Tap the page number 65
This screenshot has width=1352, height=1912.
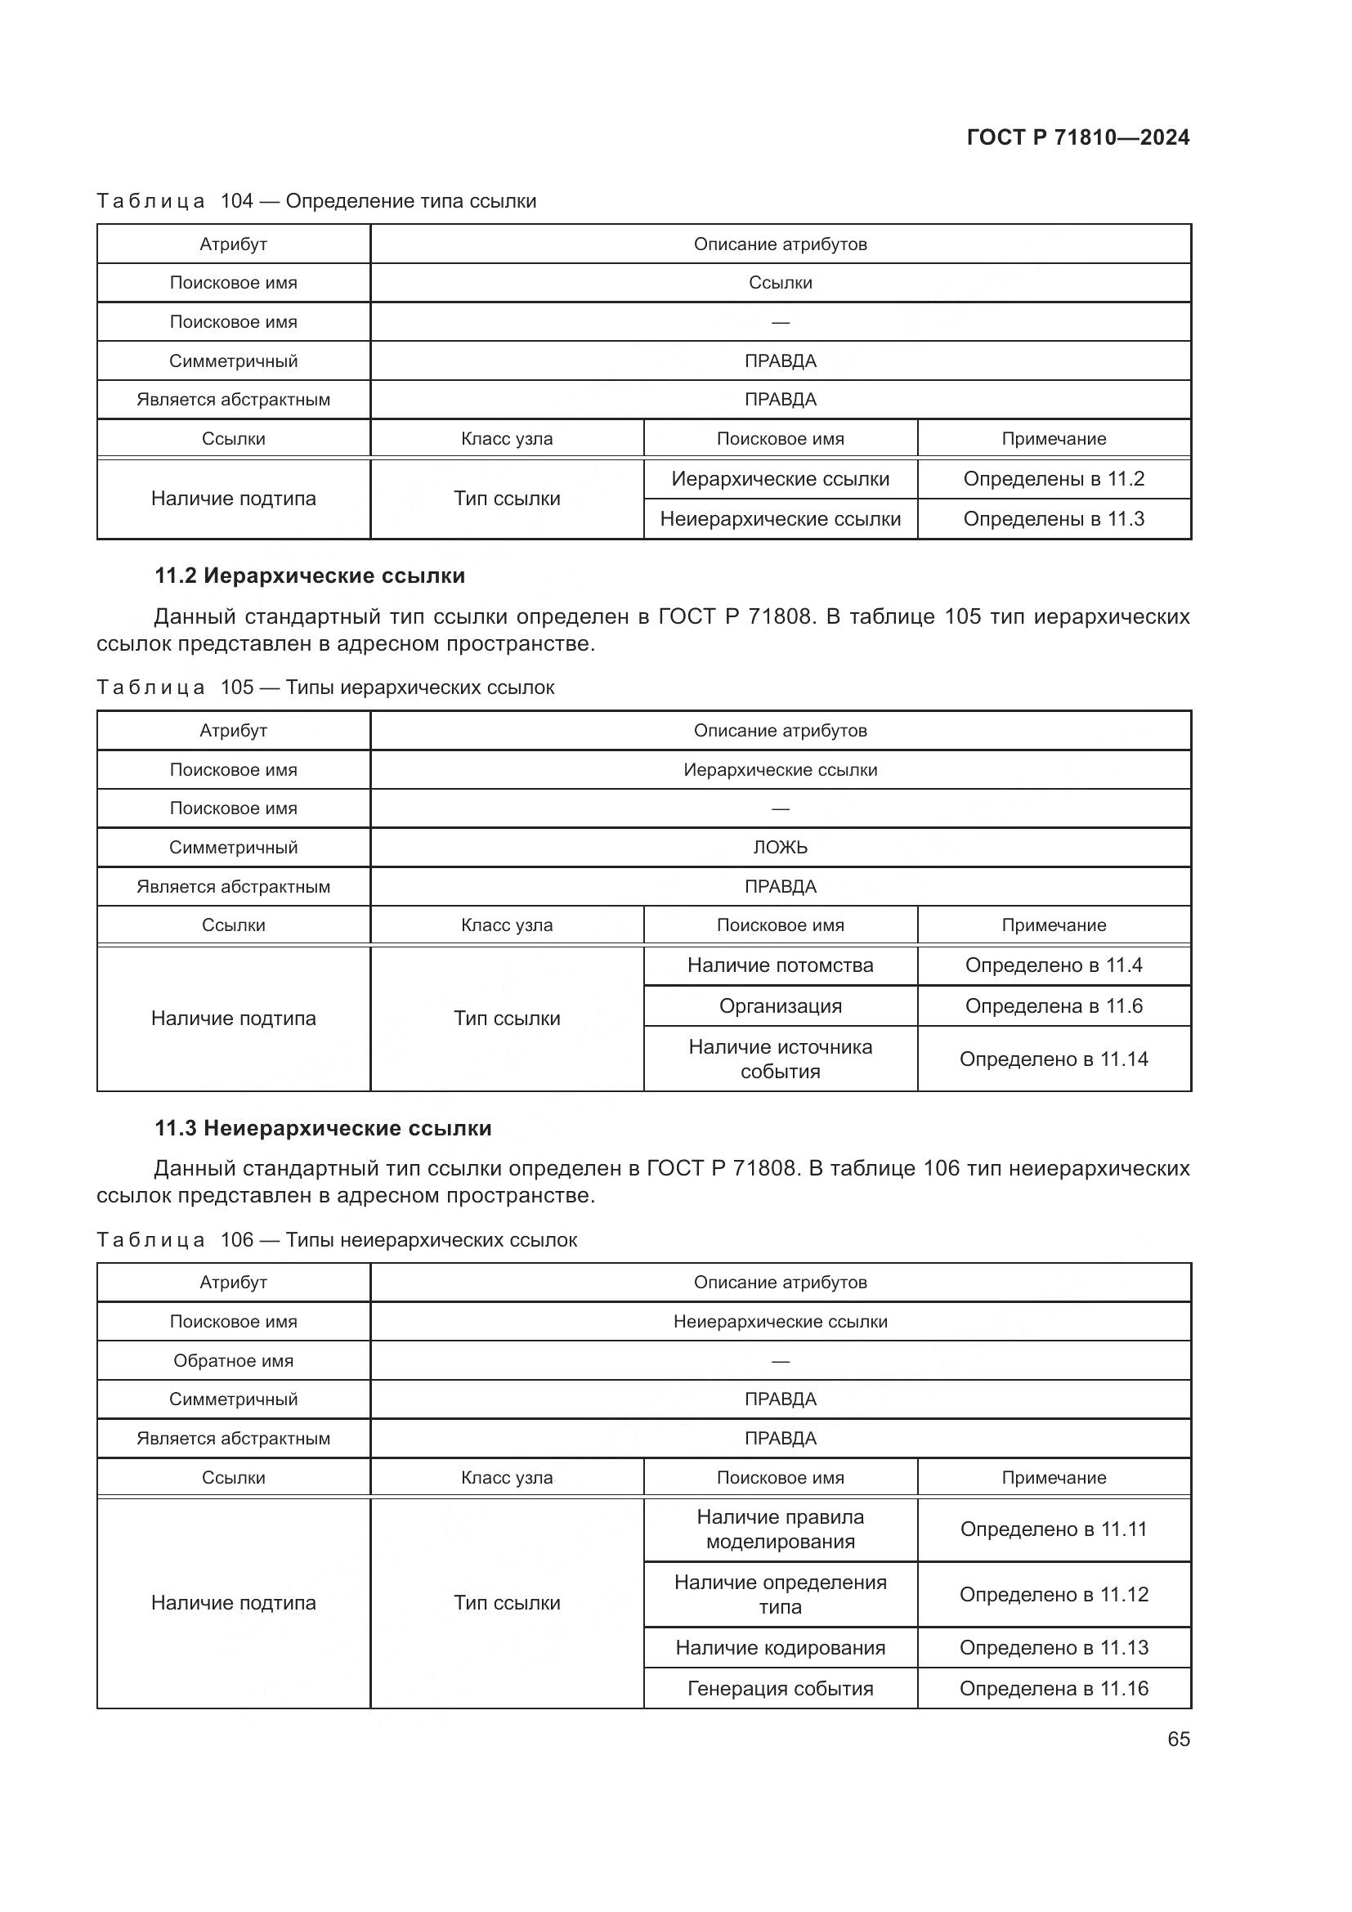tap(1178, 1739)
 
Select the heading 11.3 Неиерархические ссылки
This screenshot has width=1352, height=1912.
tap(323, 1127)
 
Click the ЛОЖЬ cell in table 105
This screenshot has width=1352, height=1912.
tap(780, 847)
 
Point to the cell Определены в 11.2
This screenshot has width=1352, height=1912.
tap(1053, 479)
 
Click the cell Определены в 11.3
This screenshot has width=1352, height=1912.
tap(1053, 519)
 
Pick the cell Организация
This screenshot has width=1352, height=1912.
tap(780, 1006)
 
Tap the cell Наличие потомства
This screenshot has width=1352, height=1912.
tap(780, 965)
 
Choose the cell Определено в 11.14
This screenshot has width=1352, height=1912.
tap(1053, 1059)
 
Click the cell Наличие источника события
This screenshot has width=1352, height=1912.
tap(780, 1059)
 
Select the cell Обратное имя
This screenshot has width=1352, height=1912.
tap(233, 1361)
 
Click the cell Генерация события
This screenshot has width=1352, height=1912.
tap(780, 1688)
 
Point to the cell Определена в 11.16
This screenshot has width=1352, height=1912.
tap(1053, 1688)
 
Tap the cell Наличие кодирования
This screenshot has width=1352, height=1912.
tap(780, 1647)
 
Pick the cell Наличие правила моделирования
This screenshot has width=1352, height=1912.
tap(780, 1529)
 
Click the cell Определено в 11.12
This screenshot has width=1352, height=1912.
tap(1053, 1594)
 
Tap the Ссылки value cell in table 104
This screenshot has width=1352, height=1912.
tap(780, 282)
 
